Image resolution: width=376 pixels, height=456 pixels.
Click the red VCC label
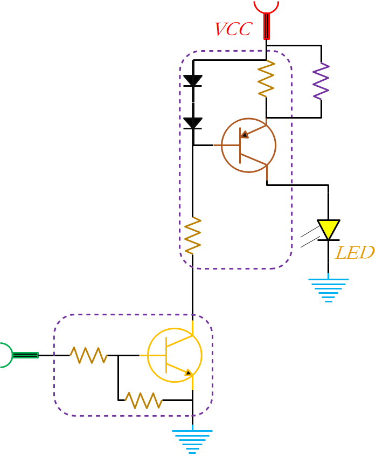click(233, 29)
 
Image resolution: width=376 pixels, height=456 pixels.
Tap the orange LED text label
click(354, 253)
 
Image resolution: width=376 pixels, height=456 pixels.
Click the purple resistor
click(321, 81)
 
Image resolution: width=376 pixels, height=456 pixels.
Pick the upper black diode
click(192, 81)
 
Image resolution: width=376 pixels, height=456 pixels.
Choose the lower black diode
click(192, 123)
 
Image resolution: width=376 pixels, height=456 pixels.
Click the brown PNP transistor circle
click(248, 146)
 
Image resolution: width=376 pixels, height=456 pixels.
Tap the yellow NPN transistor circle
click(175, 356)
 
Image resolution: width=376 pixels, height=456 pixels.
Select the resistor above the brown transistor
click(266, 79)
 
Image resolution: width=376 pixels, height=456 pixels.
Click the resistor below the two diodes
click(192, 236)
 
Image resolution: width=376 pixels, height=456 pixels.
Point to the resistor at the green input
click(88, 355)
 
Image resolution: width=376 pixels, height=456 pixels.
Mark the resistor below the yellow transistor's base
click(143, 400)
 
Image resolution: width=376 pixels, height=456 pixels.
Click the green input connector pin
click(25, 355)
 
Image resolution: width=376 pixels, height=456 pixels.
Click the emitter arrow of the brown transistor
click(244, 134)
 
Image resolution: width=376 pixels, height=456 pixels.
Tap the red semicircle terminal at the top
click(266, 5)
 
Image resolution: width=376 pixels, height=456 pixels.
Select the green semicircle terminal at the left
click(5, 355)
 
